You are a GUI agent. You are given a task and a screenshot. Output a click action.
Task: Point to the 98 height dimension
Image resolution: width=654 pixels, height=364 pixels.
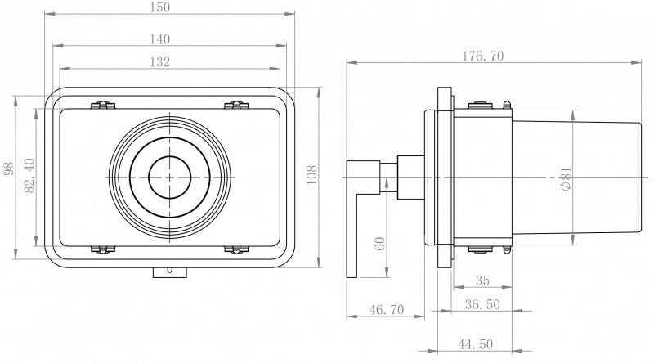[9, 169]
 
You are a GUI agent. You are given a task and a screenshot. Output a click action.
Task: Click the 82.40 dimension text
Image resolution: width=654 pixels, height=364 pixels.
[29, 176]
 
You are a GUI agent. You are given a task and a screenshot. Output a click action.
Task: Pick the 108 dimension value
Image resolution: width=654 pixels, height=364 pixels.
[311, 176]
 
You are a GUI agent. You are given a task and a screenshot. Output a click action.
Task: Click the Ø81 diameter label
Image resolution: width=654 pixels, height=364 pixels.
[566, 179]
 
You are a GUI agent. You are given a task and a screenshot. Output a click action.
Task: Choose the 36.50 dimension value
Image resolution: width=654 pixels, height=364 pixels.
[483, 303]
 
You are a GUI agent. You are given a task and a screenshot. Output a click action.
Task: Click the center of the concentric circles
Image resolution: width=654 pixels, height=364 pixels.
[169, 177]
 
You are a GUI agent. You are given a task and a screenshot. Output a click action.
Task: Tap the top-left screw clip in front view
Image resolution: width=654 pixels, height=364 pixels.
[102, 105]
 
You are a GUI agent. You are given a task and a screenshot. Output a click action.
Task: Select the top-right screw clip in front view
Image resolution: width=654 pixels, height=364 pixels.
[235, 105]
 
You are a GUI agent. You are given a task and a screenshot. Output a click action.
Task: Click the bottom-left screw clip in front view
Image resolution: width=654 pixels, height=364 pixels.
[102, 249]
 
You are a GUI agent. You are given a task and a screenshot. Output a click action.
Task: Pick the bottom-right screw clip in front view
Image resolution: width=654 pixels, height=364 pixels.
[235, 249]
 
